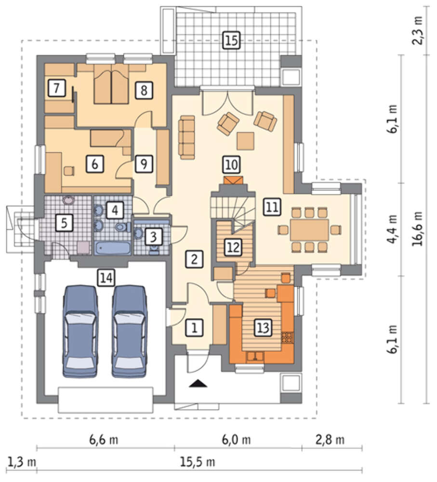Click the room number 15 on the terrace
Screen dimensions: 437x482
coord(231,40)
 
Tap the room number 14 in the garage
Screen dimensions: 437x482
coord(106,278)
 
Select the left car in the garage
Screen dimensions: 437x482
coord(80,332)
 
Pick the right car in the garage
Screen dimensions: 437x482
coord(129,332)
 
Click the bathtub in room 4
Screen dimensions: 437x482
coord(112,248)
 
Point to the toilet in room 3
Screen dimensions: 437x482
coord(154,250)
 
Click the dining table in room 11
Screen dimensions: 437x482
coord(309,230)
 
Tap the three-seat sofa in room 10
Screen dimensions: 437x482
coord(187,137)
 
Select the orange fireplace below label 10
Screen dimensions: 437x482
coord(233,180)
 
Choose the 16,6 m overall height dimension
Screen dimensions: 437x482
coord(417,228)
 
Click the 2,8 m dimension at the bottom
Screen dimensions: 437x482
coord(330,440)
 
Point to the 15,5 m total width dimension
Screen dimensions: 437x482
coord(197,462)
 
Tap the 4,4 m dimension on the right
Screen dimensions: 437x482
coord(392,229)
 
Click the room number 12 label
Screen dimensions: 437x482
coord(233,247)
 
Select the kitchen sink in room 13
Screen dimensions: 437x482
coord(255,356)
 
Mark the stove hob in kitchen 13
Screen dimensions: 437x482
coord(288,337)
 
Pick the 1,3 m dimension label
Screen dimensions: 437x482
coord(21,462)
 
